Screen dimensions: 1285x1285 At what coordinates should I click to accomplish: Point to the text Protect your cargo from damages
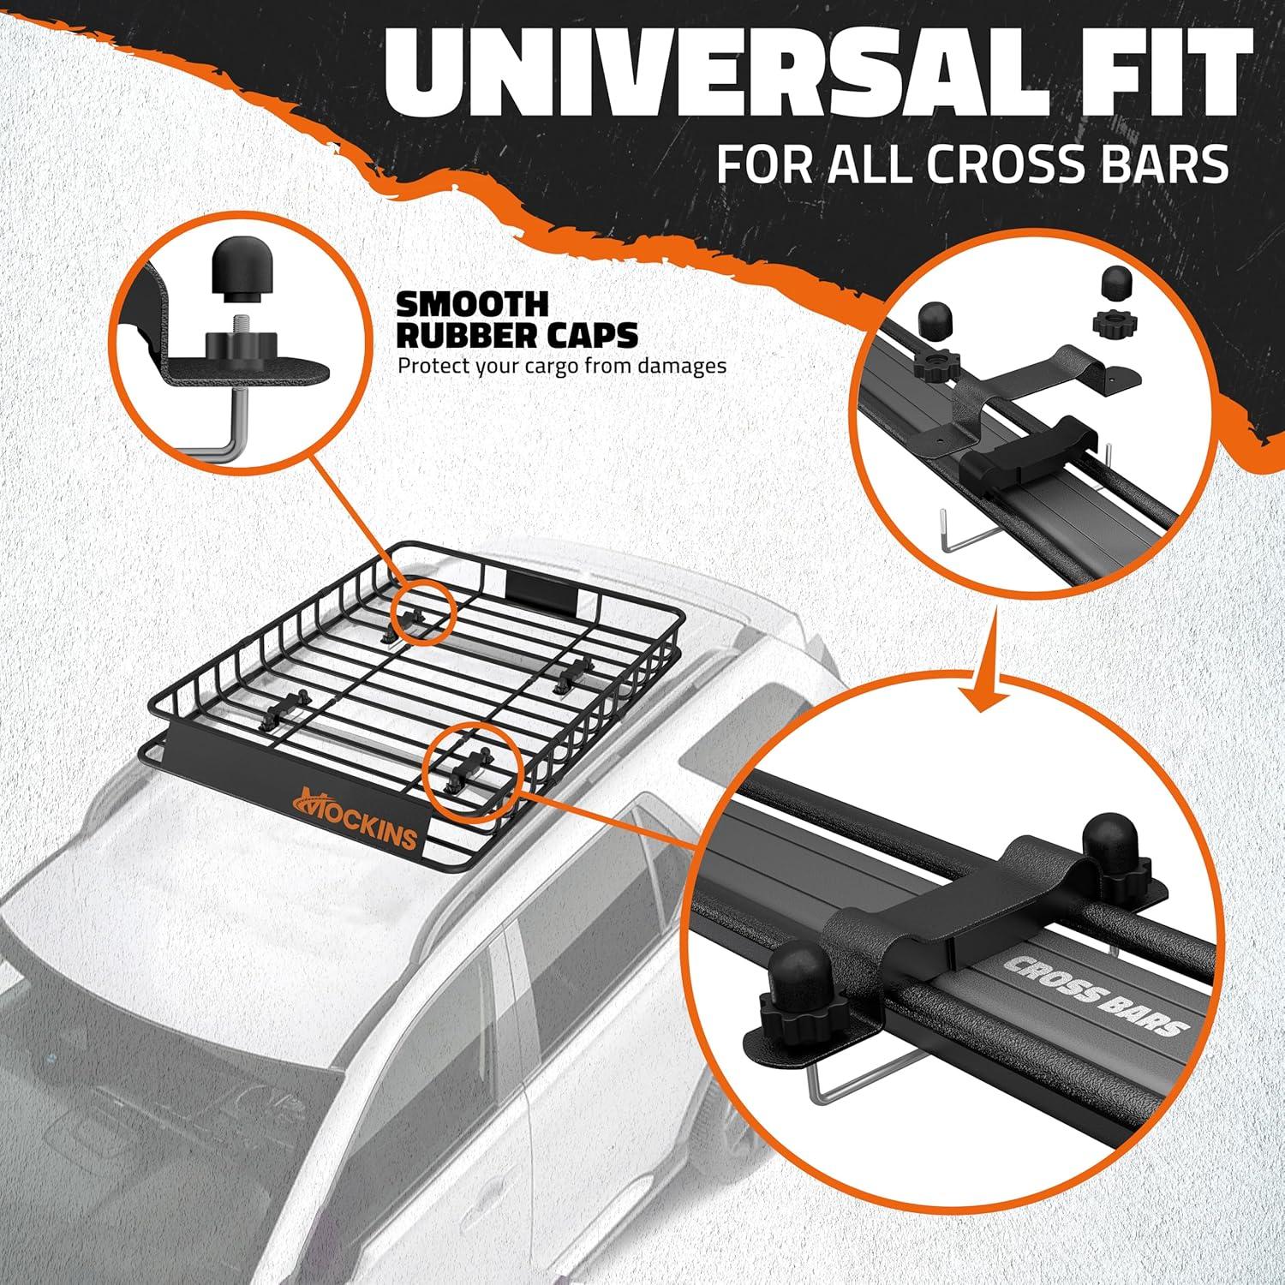pyautogui.click(x=561, y=366)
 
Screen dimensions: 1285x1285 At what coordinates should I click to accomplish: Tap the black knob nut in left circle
pyautogui.click(x=232, y=347)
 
